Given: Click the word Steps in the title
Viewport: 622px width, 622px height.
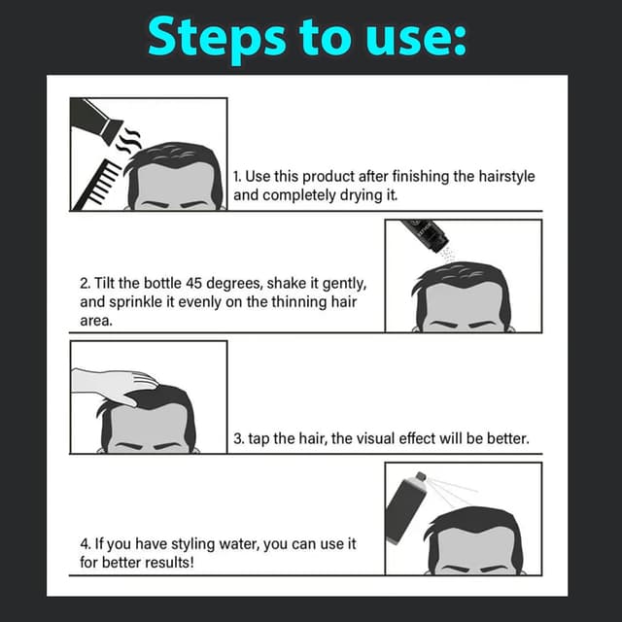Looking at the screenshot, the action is pyautogui.click(x=217, y=39).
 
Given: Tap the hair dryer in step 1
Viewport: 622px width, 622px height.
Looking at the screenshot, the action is pyautogui.click(x=96, y=117).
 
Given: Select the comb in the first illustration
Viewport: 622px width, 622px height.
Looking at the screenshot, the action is pyautogui.click(x=97, y=184).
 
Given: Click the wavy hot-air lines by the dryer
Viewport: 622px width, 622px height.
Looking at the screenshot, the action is pyautogui.click(x=128, y=141).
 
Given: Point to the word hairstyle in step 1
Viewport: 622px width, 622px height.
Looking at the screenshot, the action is pyautogui.click(x=506, y=177).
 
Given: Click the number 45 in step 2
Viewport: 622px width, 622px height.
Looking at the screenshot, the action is pyautogui.click(x=194, y=283).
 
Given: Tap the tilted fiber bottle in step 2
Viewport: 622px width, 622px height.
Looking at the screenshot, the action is pyautogui.click(x=426, y=233).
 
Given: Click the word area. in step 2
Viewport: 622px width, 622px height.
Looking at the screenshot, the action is pyautogui.click(x=96, y=321).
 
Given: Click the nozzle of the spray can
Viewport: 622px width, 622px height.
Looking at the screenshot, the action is pyautogui.click(x=420, y=476).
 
